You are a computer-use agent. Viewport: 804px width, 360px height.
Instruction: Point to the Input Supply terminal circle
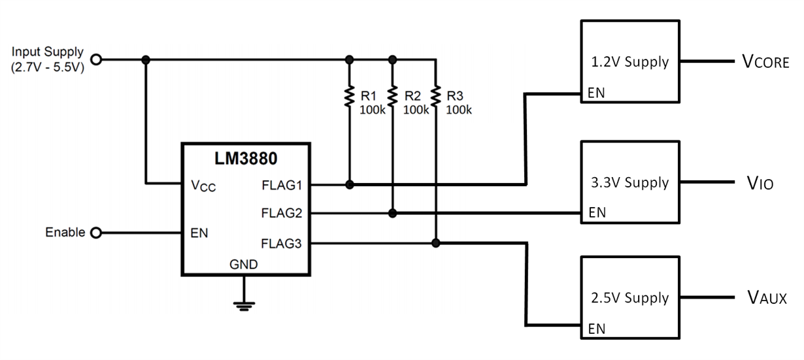coord(96,59)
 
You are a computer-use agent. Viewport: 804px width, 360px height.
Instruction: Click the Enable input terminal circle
coord(96,233)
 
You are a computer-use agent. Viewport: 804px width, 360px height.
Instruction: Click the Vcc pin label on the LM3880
coord(203,186)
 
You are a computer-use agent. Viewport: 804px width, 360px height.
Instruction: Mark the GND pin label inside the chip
coord(243,265)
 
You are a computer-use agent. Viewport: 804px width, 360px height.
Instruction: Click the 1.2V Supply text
coord(629,63)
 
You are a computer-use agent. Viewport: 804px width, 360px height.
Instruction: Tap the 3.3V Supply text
coord(629,183)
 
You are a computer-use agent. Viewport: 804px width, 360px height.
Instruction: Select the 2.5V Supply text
coord(629,298)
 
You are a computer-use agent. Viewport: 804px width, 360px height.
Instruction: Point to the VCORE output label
coord(765,63)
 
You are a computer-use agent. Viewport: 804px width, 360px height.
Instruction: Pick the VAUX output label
coord(766,298)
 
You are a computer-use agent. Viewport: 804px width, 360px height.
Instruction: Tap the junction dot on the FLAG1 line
coord(350,185)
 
